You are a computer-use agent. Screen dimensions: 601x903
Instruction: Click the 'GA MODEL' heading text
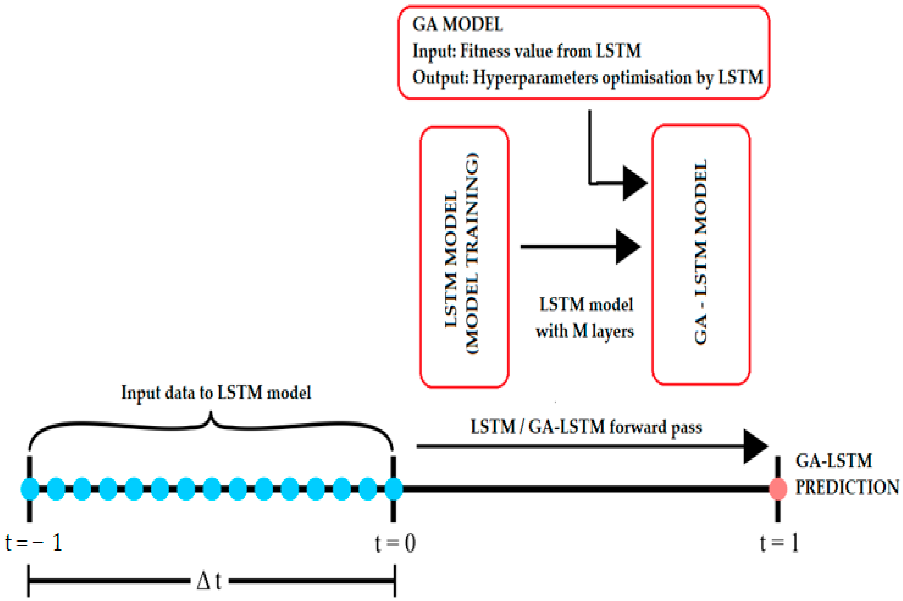[x=457, y=24]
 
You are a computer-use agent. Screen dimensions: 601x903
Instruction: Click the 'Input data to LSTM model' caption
[x=216, y=393]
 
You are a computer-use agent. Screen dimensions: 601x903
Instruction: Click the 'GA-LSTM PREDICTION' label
[x=847, y=474]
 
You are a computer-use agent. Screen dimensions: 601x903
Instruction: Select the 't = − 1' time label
[x=34, y=543]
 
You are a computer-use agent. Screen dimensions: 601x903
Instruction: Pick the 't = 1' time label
[x=779, y=543]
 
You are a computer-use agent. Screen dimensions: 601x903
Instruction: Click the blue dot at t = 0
[x=394, y=489]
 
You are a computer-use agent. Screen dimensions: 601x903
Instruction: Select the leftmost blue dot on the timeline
[x=30, y=489]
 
